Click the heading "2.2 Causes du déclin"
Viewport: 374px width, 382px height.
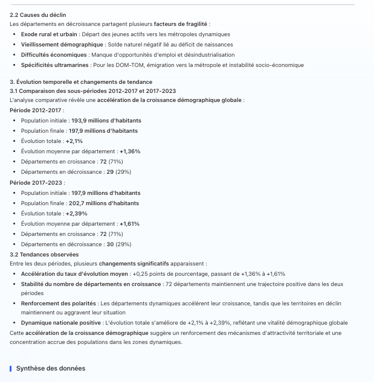pos(38,14)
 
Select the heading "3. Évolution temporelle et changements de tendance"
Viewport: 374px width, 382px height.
pos(81,81)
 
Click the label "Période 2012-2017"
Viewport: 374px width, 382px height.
pos(37,110)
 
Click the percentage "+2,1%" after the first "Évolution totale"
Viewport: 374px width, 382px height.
pos(74,141)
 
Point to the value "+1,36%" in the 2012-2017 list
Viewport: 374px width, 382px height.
pos(130,151)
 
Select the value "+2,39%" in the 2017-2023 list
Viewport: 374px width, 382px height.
pos(77,214)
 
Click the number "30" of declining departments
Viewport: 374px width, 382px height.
pos(110,244)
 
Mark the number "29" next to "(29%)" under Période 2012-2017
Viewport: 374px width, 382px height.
pos(110,172)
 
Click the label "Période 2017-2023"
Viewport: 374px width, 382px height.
pos(37,182)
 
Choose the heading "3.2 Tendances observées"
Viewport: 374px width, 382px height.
pos(44,255)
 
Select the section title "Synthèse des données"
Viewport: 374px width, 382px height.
pos(51,368)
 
